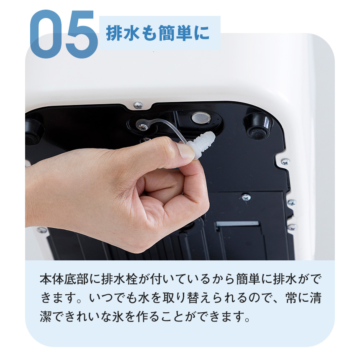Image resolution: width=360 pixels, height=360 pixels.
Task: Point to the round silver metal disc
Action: (x=200, y=118)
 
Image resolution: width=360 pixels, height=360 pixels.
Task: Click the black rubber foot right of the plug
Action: (x=257, y=125)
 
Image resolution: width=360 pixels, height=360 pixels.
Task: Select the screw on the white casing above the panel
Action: (x=137, y=105)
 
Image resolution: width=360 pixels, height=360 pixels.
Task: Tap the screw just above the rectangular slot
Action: (x=246, y=197)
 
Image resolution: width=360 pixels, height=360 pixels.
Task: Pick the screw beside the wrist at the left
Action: (x=42, y=230)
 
